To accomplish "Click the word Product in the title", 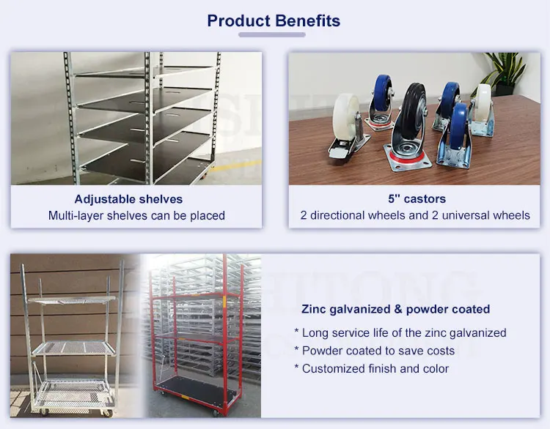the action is [238, 20].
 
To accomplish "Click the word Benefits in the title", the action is [307, 20].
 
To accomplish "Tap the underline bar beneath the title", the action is [272, 34].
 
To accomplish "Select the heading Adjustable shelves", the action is [128, 199].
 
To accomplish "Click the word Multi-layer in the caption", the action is [76, 215].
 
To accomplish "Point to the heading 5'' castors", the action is [417, 198].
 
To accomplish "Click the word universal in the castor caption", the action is [466, 215].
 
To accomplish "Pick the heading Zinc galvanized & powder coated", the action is [396, 309].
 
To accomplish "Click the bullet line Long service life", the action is [400, 332].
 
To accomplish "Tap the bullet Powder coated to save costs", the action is [374, 351].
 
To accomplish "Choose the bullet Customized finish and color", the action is [372, 368].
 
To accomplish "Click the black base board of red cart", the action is [198, 389].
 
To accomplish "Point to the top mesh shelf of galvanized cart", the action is [73, 300].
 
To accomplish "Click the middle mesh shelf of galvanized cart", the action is [74, 348].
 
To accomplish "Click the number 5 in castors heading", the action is [392, 198].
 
